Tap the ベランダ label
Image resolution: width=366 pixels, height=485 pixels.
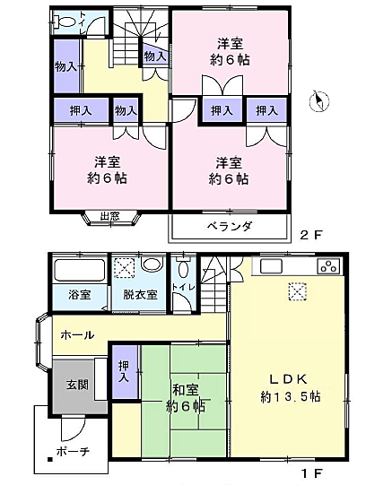point(229,226)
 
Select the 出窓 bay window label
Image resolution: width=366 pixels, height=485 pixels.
point(109,216)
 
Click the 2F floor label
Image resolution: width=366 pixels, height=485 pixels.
point(310,235)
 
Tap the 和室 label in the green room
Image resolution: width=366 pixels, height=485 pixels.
point(186,389)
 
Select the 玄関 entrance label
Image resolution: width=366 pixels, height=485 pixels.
point(77,385)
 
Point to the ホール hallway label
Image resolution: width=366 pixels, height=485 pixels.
point(77,334)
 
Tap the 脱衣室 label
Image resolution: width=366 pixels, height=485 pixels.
point(139,295)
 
